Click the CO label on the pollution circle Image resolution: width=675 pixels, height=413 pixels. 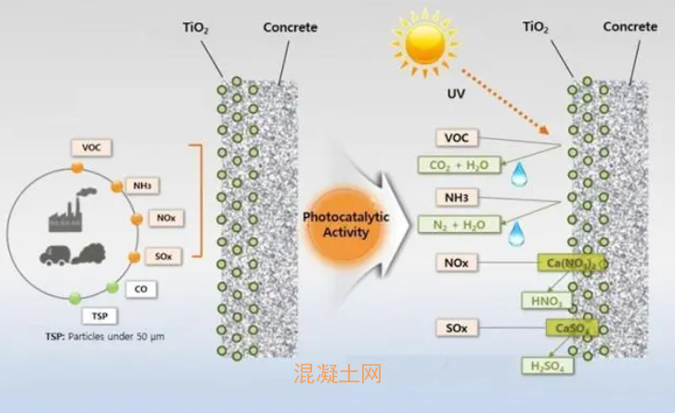[x=140, y=289]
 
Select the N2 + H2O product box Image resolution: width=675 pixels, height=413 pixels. [x=461, y=225]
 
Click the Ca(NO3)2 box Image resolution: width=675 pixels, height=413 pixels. [x=570, y=265]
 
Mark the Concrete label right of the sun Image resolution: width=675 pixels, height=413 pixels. [x=630, y=27]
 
